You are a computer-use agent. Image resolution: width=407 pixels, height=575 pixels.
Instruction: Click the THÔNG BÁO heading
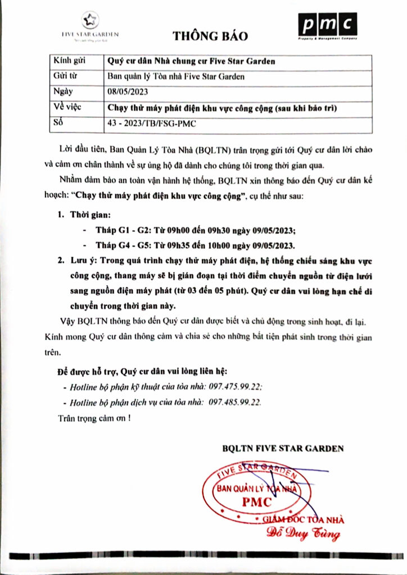pyautogui.click(x=210, y=36)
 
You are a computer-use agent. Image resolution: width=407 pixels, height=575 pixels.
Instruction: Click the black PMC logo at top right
pyautogui.click(x=327, y=27)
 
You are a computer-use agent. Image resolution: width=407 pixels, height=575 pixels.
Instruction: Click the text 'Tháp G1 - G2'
pyautogui.click(x=121, y=231)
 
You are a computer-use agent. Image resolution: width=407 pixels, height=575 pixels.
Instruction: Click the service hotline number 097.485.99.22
pyautogui.click(x=234, y=403)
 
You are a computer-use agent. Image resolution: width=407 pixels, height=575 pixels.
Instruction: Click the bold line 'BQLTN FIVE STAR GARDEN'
pyautogui.click(x=282, y=449)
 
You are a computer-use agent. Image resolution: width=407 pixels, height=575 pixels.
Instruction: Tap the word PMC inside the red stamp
pyautogui.click(x=256, y=501)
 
